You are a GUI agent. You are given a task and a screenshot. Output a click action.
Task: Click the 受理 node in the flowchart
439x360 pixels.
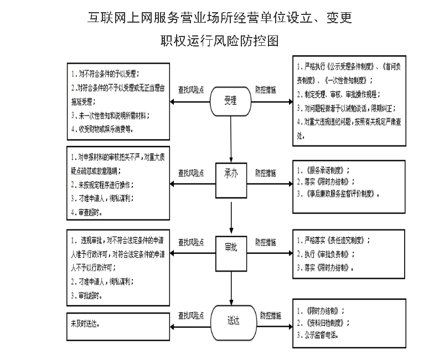[230, 100]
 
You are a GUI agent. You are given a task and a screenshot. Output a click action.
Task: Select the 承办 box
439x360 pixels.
[231, 173]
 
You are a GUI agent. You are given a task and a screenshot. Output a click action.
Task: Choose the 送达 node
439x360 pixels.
[233, 319]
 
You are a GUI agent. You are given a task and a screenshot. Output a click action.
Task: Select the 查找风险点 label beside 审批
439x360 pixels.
[191, 242]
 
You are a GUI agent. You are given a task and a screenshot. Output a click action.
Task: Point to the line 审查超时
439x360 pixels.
[89, 212]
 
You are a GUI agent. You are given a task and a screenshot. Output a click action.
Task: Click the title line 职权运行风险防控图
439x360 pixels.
[219, 41]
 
